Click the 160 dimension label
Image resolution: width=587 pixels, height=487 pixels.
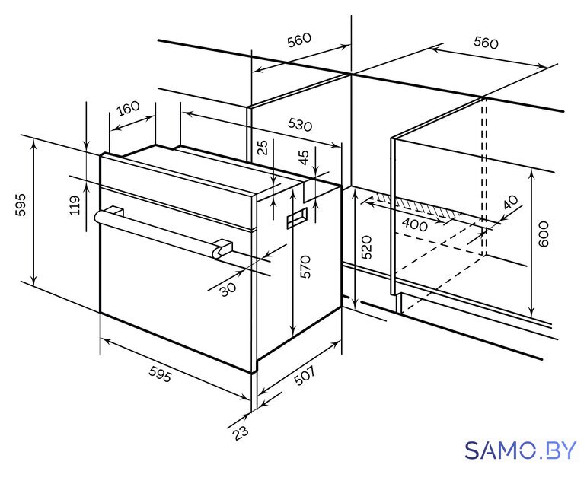(128, 109)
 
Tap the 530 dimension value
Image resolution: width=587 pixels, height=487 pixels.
(300, 125)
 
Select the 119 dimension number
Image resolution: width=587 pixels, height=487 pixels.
(75, 205)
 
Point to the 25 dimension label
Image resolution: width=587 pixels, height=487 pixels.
(264, 148)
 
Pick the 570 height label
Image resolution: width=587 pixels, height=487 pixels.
(305, 266)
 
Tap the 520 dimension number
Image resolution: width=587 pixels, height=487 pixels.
(366, 247)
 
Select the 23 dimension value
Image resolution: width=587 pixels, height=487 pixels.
(241, 433)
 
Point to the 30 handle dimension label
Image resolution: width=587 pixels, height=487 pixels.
(228, 289)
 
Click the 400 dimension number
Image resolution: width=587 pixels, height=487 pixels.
(414, 224)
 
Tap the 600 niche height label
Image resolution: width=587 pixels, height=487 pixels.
(543, 234)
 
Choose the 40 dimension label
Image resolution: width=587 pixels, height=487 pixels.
(512, 202)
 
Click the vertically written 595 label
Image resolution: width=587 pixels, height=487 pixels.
(21, 205)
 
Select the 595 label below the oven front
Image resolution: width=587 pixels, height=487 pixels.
(160, 374)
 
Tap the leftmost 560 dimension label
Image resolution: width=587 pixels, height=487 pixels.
(299, 40)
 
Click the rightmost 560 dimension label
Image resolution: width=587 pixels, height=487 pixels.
(486, 43)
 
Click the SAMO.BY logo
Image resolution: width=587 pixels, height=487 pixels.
(520, 450)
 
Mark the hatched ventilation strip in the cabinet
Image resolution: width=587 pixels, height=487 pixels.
(416, 206)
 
